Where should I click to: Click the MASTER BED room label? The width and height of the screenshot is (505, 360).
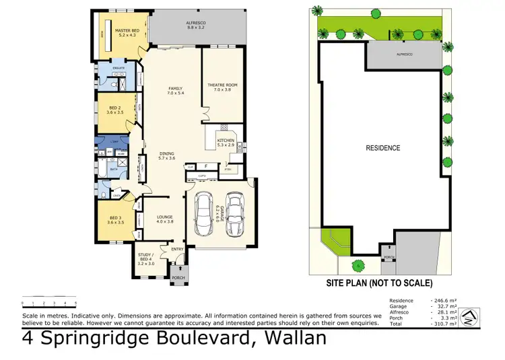coord(127,31)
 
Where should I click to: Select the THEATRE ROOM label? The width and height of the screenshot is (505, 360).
coord(222,85)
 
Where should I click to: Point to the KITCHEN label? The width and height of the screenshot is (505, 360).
coord(225,141)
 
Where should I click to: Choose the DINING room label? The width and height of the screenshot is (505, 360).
coord(166,153)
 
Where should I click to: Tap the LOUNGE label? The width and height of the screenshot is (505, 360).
coord(165,217)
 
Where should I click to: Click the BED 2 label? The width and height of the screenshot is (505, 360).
coord(115,108)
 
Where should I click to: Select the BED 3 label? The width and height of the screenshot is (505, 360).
coord(115,218)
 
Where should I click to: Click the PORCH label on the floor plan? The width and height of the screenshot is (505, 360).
coord(178,278)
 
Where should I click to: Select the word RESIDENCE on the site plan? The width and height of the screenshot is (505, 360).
coord(383,148)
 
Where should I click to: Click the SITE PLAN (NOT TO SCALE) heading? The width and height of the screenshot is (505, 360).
coord(379,283)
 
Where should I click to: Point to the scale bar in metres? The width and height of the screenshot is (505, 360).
coord(49,299)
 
